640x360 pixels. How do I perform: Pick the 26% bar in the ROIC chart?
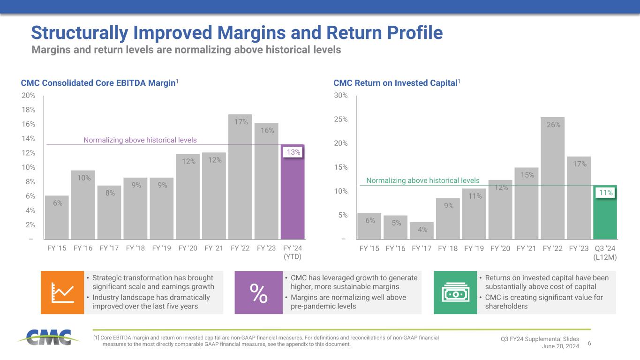(552, 178)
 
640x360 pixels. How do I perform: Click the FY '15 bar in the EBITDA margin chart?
(57, 217)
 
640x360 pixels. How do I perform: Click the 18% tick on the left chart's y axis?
(29, 110)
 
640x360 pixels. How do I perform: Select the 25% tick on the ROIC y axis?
(341, 120)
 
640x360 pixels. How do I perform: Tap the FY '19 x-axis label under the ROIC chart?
(474, 248)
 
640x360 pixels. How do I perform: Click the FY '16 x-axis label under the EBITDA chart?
(83, 248)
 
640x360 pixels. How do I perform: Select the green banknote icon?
(455, 292)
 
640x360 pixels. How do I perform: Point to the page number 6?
(589, 344)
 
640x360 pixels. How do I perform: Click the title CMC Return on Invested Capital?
(395, 83)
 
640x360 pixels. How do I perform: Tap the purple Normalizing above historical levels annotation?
(140, 140)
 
